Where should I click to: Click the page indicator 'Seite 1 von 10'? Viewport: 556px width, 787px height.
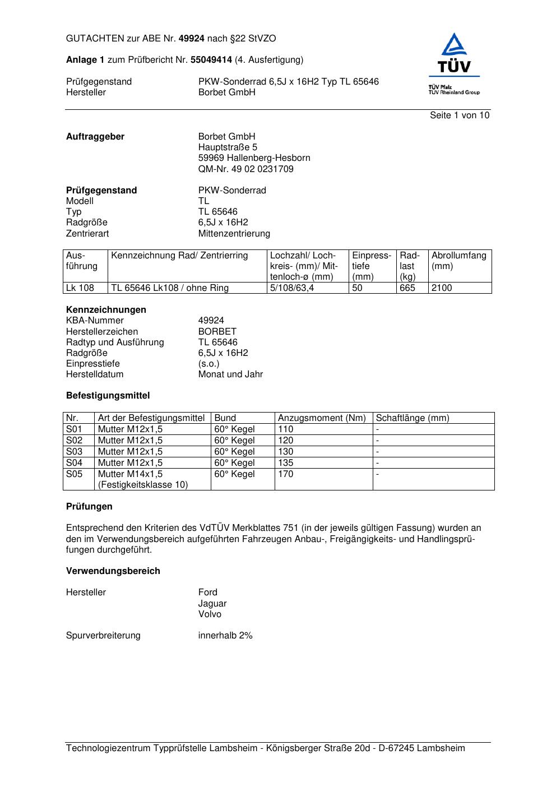tap(459, 115)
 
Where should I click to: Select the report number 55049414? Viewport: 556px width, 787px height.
tap(211, 60)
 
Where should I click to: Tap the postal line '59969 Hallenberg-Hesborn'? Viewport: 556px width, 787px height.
tap(254, 158)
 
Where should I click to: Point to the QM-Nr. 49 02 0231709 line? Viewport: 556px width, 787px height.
tap(245, 169)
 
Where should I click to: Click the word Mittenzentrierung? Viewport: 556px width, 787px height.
tap(234, 233)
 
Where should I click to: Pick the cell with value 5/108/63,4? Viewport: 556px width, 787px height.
tap(292, 288)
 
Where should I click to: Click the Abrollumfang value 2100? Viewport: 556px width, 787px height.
tap(442, 288)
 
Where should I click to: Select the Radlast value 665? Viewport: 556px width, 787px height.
tap(407, 288)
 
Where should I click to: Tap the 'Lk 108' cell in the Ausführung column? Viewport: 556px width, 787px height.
tap(80, 288)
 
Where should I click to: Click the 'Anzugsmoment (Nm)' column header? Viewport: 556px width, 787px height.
tap(322, 418)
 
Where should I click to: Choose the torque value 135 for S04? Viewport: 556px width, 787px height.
tap(286, 463)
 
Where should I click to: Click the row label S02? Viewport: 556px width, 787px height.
tap(74, 441)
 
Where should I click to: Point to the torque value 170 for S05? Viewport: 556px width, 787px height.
tap(286, 474)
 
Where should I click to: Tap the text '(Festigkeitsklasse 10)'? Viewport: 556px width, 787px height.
tap(143, 485)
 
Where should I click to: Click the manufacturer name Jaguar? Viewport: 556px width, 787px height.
tap(212, 604)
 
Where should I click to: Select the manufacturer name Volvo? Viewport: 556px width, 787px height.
tap(210, 614)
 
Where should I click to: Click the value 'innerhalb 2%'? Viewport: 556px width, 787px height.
tap(225, 636)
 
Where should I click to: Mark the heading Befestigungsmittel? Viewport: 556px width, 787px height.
tap(108, 396)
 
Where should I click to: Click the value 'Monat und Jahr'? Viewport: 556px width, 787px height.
tap(230, 374)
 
